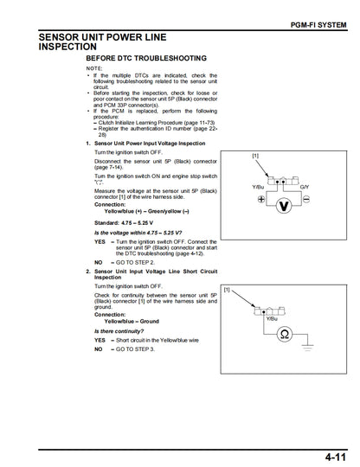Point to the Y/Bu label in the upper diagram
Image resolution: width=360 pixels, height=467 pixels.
pyautogui.click(x=258, y=187)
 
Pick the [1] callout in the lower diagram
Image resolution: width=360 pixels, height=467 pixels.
pyautogui.click(x=227, y=290)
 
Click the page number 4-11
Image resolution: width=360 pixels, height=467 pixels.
pyautogui.click(x=331, y=455)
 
